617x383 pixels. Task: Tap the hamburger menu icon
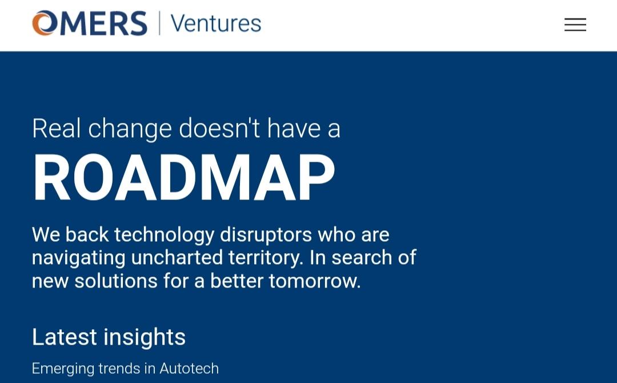pos(575,25)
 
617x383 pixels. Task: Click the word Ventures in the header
pos(215,23)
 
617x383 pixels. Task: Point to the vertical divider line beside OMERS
pos(159,23)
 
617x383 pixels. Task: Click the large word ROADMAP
pos(184,178)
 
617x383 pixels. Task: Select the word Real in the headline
pos(57,128)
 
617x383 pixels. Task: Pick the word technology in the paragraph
pos(164,236)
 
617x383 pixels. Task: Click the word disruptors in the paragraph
pos(265,236)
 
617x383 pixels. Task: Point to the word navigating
pos(78,258)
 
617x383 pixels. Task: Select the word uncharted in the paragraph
pos(177,258)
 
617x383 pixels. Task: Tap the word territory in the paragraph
pos(266,258)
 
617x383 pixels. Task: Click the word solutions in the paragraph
pos(116,281)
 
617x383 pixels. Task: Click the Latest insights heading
pos(109,337)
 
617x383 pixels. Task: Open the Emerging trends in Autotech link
pos(125,369)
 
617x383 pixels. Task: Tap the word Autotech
pos(189,369)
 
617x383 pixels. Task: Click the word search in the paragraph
pos(361,258)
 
